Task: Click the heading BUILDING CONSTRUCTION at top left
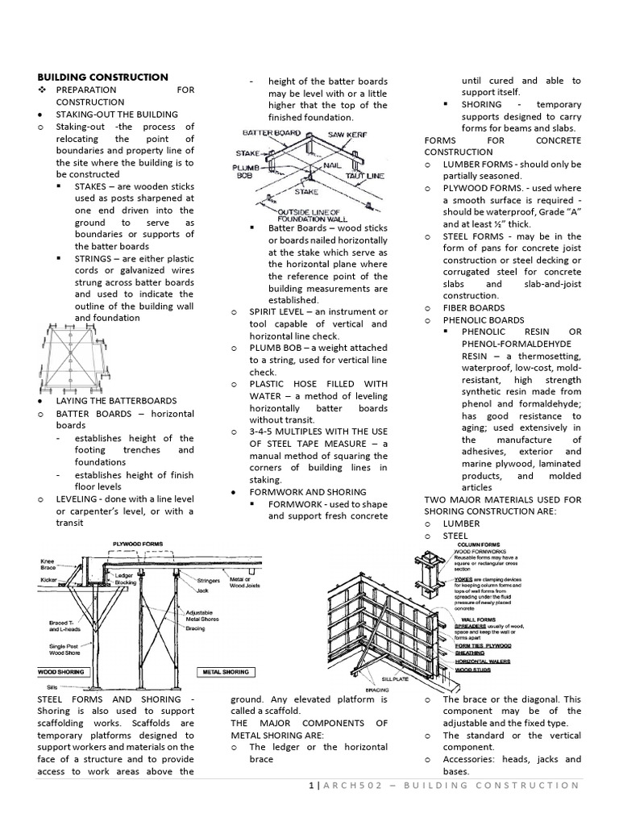[x=103, y=77]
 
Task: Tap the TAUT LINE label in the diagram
[x=367, y=175]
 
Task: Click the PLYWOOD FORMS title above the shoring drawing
[x=138, y=544]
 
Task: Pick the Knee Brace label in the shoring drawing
[x=48, y=564]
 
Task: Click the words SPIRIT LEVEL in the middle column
[x=279, y=311]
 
